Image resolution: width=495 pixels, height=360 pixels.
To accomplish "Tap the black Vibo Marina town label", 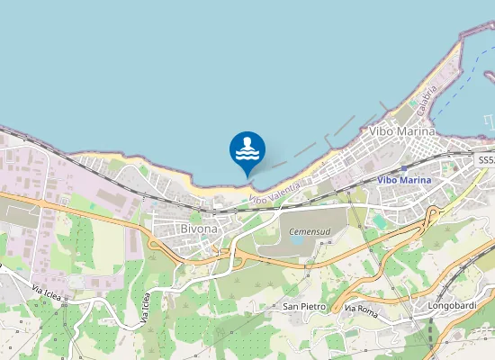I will [x=402, y=131].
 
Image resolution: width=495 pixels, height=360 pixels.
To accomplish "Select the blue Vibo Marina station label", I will [x=404, y=180].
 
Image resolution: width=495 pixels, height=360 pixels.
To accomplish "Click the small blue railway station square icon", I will [x=405, y=167].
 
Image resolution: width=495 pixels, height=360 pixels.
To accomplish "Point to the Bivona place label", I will [x=198, y=229].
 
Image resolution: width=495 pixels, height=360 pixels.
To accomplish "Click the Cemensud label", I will [x=309, y=231].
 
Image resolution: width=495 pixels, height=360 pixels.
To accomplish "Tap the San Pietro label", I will [x=304, y=306].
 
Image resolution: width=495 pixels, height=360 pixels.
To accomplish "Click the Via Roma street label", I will [x=361, y=310].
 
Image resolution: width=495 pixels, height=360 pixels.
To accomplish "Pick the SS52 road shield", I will [x=486, y=159].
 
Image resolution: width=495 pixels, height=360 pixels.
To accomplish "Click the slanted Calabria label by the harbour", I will [x=427, y=97].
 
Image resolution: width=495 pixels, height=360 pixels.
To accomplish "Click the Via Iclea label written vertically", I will [x=144, y=306].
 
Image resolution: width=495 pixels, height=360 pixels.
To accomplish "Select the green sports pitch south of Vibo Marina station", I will [x=379, y=220].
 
